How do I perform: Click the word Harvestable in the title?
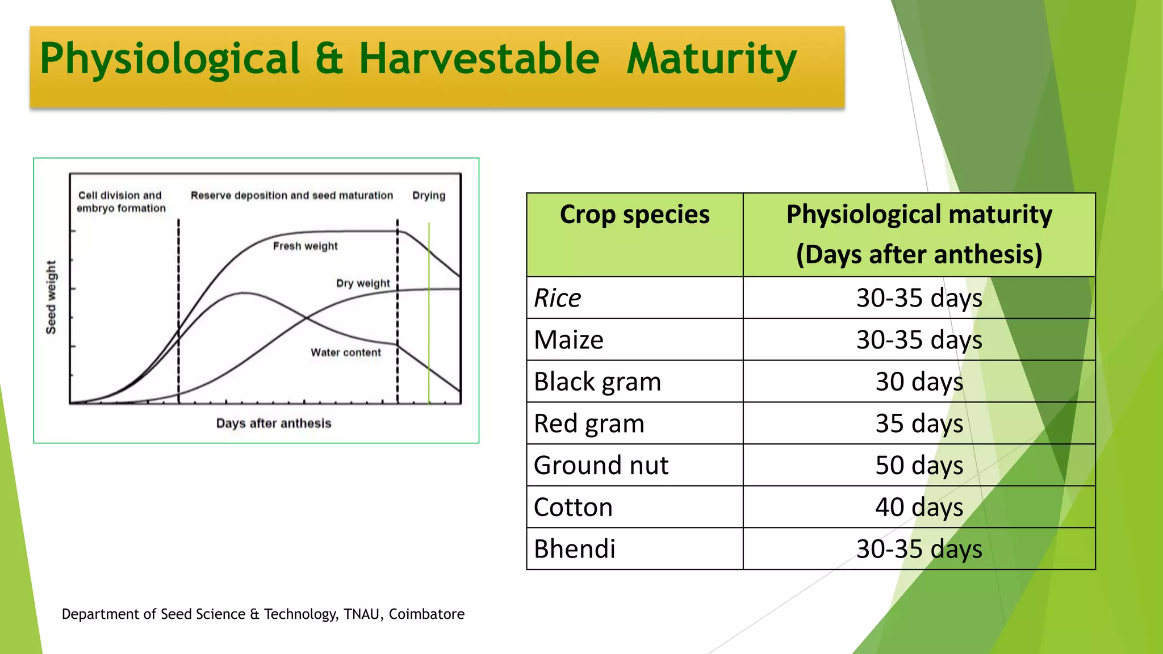pyautogui.click(x=479, y=58)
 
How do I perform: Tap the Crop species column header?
pyautogui.click(x=634, y=215)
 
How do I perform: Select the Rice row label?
pyautogui.click(x=558, y=298)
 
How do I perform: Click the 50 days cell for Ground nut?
pyautogui.click(x=919, y=465)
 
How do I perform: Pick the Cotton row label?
pyautogui.click(x=573, y=507)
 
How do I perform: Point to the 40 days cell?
pyautogui.click(x=919, y=507)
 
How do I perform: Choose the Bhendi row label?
pyautogui.click(x=574, y=549)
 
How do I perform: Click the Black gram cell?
pyautogui.click(x=597, y=381)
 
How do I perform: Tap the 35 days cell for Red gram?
pyautogui.click(x=919, y=424)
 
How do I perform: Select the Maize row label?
pyautogui.click(x=568, y=340)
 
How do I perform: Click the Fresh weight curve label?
pyautogui.click(x=305, y=246)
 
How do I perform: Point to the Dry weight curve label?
pyautogui.click(x=363, y=283)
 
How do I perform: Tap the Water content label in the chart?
pyautogui.click(x=346, y=353)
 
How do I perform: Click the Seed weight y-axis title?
pyautogui.click(x=51, y=297)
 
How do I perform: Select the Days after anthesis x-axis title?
pyautogui.click(x=273, y=424)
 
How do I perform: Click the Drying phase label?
pyautogui.click(x=429, y=195)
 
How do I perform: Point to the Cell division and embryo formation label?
pyautogui.click(x=121, y=202)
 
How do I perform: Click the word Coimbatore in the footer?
pyautogui.click(x=426, y=614)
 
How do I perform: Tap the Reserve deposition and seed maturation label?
pyautogui.click(x=291, y=195)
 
